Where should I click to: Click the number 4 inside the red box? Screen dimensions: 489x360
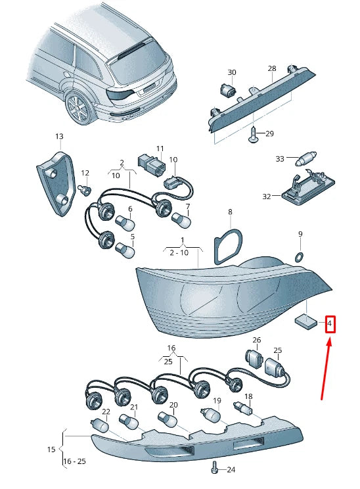point(330,324)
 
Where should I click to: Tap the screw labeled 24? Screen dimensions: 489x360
point(214,468)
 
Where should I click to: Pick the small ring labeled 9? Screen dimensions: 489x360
point(300,254)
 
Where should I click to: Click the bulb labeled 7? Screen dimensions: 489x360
point(179,218)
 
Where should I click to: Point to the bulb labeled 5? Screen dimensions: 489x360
point(125,250)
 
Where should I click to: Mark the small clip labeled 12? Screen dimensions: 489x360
point(84,191)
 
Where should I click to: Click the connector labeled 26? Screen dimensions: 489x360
point(253,359)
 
